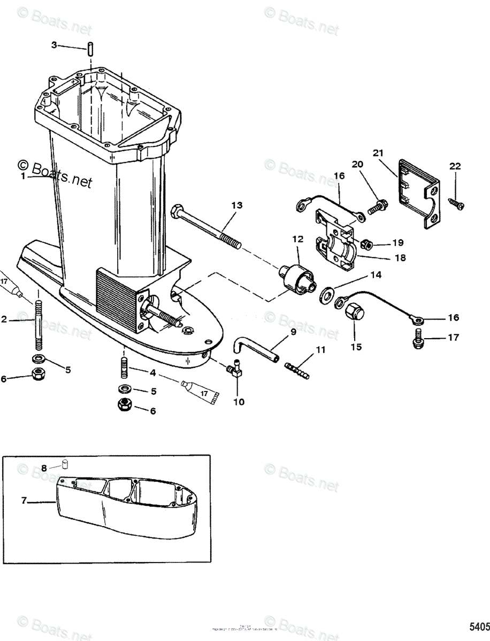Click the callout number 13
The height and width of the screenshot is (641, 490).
[x=236, y=205]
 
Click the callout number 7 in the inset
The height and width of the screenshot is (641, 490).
[x=24, y=501]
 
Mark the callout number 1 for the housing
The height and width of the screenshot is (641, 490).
[x=24, y=177]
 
